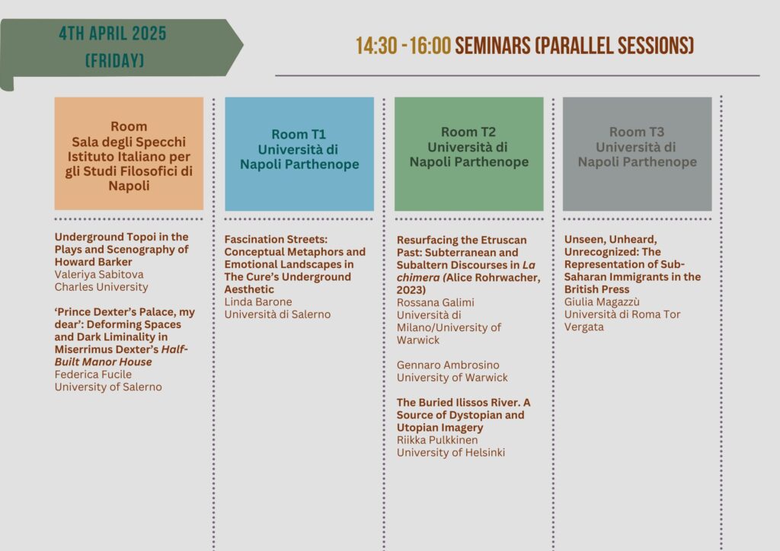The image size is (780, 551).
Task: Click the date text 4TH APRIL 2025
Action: tap(113, 33)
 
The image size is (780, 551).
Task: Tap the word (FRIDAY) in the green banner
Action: tap(114, 61)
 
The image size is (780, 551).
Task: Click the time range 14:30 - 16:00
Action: tap(403, 46)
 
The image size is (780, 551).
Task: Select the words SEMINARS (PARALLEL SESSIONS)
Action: tap(574, 46)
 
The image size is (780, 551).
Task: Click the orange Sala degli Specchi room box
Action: tap(129, 154)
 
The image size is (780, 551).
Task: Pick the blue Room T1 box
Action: tap(299, 154)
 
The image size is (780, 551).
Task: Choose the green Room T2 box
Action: tap(468, 154)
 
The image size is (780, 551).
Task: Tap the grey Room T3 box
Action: tap(638, 154)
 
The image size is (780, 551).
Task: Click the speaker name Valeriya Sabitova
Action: tap(99, 274)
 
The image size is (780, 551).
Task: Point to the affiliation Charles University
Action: tap(101, 287)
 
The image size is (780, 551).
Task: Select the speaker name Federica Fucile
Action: tap(93, 374)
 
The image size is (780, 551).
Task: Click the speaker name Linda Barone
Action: tap(258, 302)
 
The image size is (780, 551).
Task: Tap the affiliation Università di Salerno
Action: tap(277, 314)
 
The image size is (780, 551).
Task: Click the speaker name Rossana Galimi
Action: tap(435, 303)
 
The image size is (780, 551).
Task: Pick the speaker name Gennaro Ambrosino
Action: tap(448, 365)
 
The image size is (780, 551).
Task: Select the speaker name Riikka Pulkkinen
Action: tap(437, 440)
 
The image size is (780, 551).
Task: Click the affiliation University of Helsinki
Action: tap(451, 453)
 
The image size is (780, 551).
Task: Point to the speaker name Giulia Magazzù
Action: tap(602, 302)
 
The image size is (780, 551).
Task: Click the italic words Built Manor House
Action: tap(104, 362)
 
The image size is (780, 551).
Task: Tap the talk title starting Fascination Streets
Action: tap(295, 264)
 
